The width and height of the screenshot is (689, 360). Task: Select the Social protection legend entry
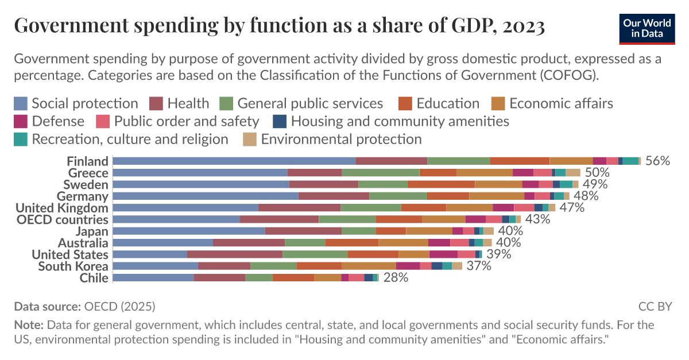coord(76,103)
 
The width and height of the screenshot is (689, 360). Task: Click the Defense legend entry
coord(49,121)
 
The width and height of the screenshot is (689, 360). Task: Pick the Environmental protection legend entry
coord(332,139)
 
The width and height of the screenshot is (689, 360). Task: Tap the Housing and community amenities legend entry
coord(390,121)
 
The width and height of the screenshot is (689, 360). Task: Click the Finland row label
coord(87,161)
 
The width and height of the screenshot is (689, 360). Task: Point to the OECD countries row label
coord(62,220)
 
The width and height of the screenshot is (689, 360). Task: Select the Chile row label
coord(94,278)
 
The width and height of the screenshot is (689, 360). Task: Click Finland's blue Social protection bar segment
coord(234,161)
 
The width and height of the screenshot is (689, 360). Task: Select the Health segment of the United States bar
coord(234,254)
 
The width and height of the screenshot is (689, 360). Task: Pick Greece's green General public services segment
coord(380,173)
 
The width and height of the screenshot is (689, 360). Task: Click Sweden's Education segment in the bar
coord(441,184)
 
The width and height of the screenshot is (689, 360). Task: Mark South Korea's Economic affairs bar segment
coord(369,266)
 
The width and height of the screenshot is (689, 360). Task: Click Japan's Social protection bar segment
coord(188,231)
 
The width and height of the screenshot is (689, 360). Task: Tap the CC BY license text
coord(655,306)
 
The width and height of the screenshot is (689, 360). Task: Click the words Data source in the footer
coord(47,306)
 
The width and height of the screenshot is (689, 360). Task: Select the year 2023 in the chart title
coord(521,25)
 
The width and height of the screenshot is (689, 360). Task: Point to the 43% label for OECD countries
coord(537,220)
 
